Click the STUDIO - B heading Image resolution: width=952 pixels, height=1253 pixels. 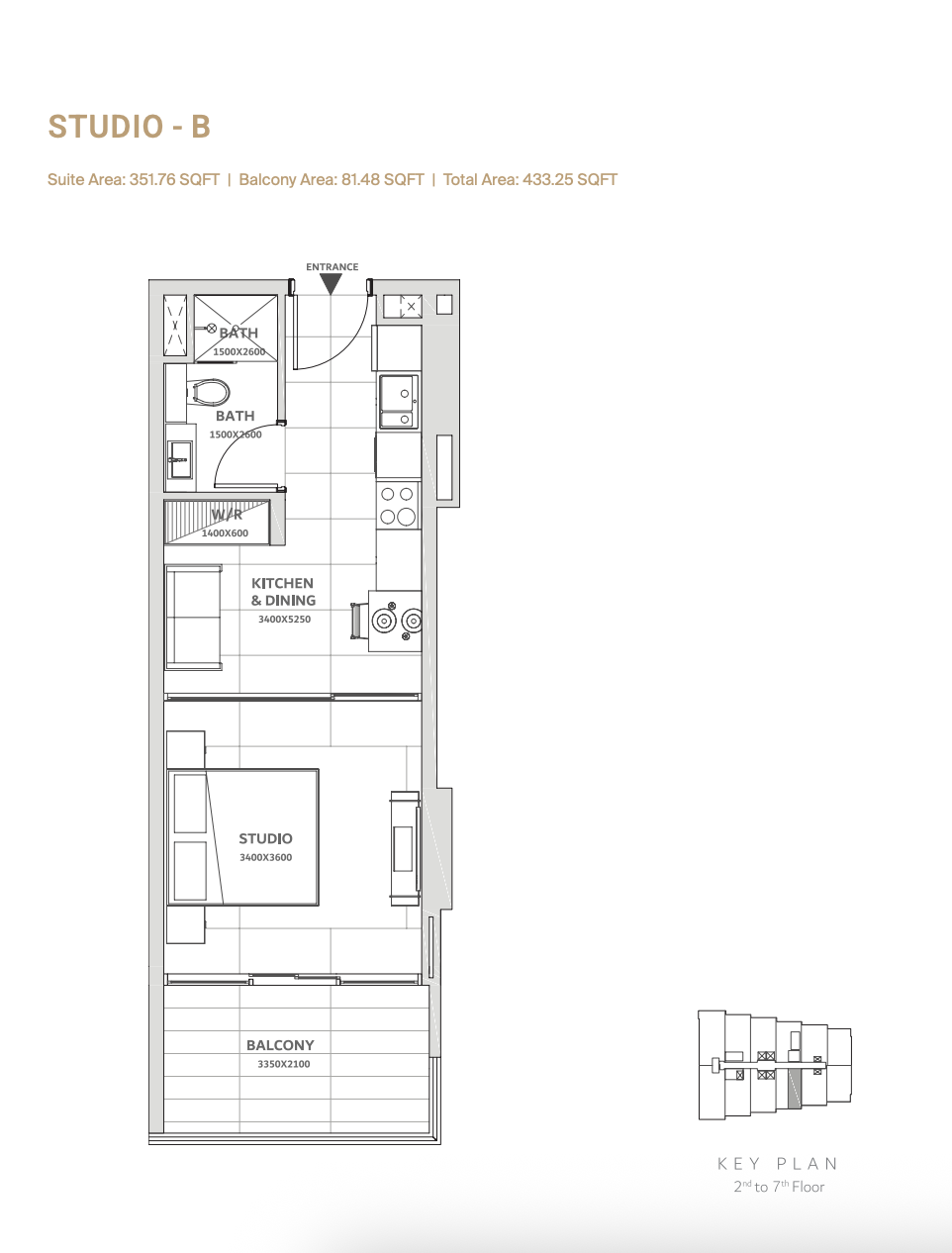pyautogui.click(x=129, y=127)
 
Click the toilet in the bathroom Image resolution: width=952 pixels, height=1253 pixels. pyautogui.click(x=209, y=392)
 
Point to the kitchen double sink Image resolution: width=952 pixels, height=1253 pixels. pyautogui.click(x=399, y=401)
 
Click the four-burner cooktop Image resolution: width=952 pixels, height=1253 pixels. pyautogui.click(x=398, y=505)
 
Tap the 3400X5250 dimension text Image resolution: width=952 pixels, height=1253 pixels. pyautogui.click(x=284, y=620)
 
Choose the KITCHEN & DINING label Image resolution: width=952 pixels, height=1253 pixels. pyautogui.click(x=283, y=592)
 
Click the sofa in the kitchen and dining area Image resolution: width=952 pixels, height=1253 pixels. pyautogui.click(x=193, y=618)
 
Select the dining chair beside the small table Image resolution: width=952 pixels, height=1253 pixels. pyautogui.click(x=358, y=621)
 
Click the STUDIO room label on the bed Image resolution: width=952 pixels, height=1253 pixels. pyautogui.click(x=265, y=838)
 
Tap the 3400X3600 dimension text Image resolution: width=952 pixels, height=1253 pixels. pyautogui.click(x=265, y=857)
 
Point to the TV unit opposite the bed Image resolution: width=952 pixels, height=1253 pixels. pyautogui.click(x=405, y=848)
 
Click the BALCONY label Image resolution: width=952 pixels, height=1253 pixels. pyautogui.click(x=280, y=1045)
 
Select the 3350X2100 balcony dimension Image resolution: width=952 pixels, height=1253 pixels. pyautogui.click(x=284, y=1064)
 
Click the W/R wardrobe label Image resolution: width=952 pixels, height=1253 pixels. pyautogui.click(x=227, y=515)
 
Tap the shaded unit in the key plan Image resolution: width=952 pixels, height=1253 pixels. pyautogui.click(x=794, y=1089)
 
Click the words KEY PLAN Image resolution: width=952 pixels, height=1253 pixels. pyautogui.click(x=778, y=1164)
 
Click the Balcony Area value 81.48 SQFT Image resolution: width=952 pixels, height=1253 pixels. pyautogui.click(x=382, y=180)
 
